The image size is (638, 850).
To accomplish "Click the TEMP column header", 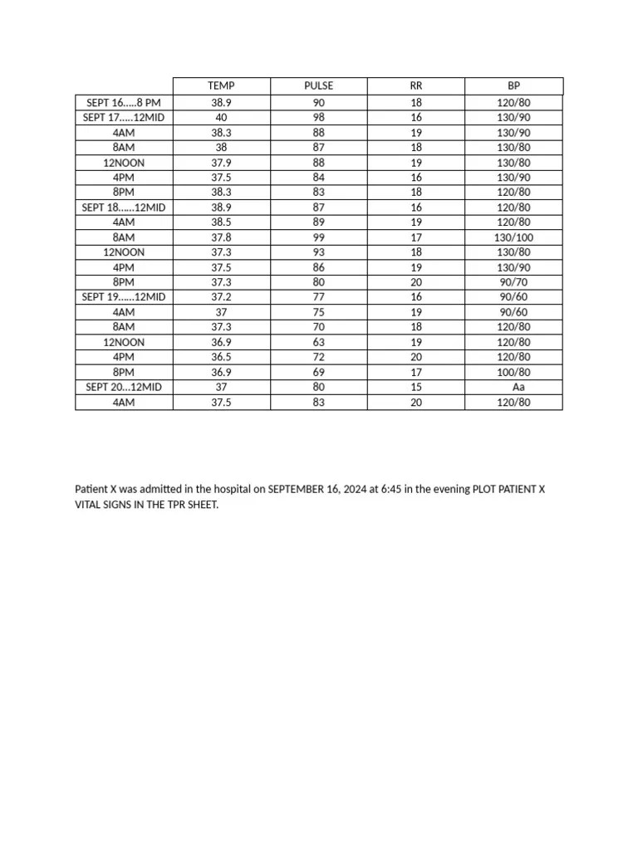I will [x=221, y=86].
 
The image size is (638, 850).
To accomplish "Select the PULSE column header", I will [x=319, y=86].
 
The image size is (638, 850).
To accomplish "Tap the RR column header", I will [x=416, y=86].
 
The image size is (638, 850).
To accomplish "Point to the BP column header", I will [x=513, y=86].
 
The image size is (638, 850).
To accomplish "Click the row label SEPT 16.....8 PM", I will [x=124, y=103].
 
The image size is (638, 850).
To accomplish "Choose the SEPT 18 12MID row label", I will [x=124, y=208].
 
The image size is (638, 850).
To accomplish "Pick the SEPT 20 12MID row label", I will [x=124, y=387].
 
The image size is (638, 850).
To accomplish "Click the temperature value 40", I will [x=221, y=118].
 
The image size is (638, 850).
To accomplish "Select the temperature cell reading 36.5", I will [x=221, y=357].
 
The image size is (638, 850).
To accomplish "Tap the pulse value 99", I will [x=319, y=237].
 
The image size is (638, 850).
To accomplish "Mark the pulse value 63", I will [x=319, y=342].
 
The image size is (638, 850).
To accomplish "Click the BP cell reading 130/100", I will [x=513, y=237].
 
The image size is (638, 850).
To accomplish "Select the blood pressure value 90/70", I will [x=513, y=282].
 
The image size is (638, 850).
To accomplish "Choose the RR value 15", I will [x=416, y=387].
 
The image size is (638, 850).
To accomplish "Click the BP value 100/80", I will [x=513, y=372].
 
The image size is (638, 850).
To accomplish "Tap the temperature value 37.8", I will [x=221, y=237].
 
